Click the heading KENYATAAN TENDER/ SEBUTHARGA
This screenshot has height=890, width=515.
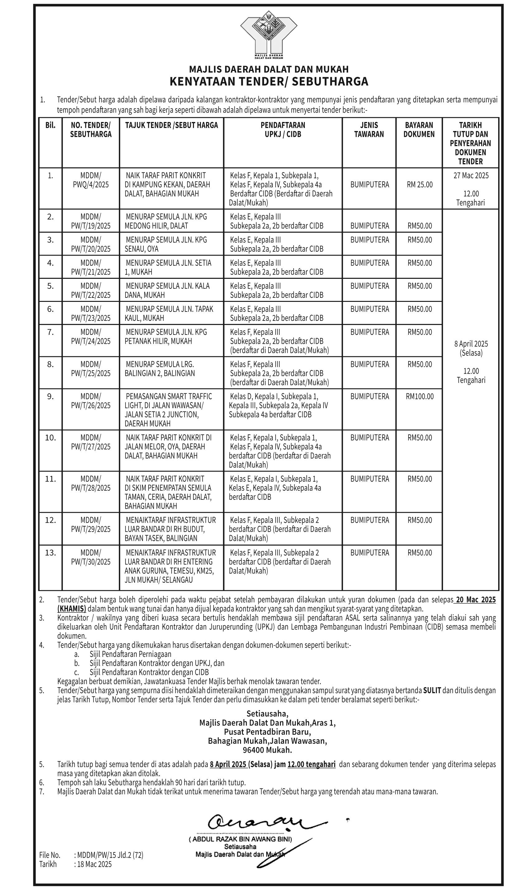269,82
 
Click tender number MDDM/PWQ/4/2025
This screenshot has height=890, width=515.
91,180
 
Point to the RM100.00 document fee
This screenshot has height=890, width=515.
419,396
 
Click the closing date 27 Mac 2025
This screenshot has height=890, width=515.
471,176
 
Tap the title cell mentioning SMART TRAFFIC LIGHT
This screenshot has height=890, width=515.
168,410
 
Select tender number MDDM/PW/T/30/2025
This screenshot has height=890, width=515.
91,557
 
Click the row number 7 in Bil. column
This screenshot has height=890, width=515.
50,332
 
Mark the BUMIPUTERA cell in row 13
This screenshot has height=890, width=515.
369,552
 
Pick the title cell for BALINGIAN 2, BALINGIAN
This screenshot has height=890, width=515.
160,369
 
